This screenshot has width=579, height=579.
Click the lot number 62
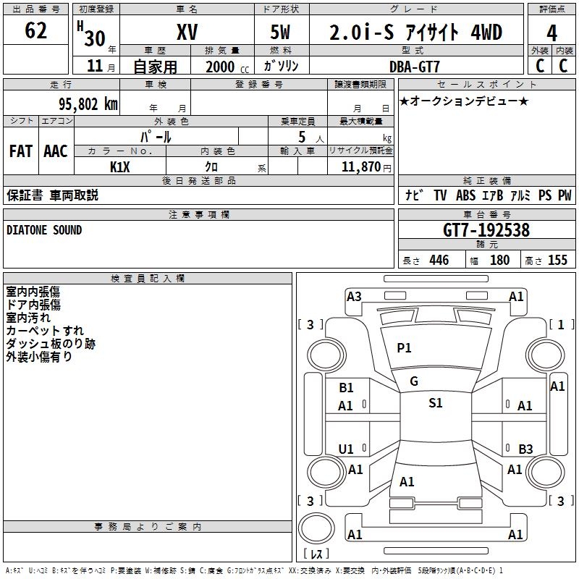coord(35,31)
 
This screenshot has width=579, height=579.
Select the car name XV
coord(187,32)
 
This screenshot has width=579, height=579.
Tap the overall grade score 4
coord(552,33)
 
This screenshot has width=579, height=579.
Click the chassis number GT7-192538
coord(486,230)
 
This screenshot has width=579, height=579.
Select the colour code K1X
coord(120,166)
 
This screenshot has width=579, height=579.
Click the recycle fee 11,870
coord(360,166)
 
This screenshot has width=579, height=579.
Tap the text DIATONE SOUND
coord(44,230)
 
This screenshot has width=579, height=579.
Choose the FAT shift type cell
coord(21,151)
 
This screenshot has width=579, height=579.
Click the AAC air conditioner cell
coord(56,151)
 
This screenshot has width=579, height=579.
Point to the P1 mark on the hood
coord(404,348)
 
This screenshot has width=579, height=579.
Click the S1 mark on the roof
coord(435,403)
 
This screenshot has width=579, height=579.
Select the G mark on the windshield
coord(414,381)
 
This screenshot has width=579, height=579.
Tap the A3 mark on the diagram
coord(354,296)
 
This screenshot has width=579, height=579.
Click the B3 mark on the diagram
coord(525,449)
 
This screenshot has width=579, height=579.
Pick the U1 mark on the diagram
coord(346,449)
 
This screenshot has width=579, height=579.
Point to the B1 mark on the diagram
coord(346,388)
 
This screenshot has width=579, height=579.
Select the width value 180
coord(499,261)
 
